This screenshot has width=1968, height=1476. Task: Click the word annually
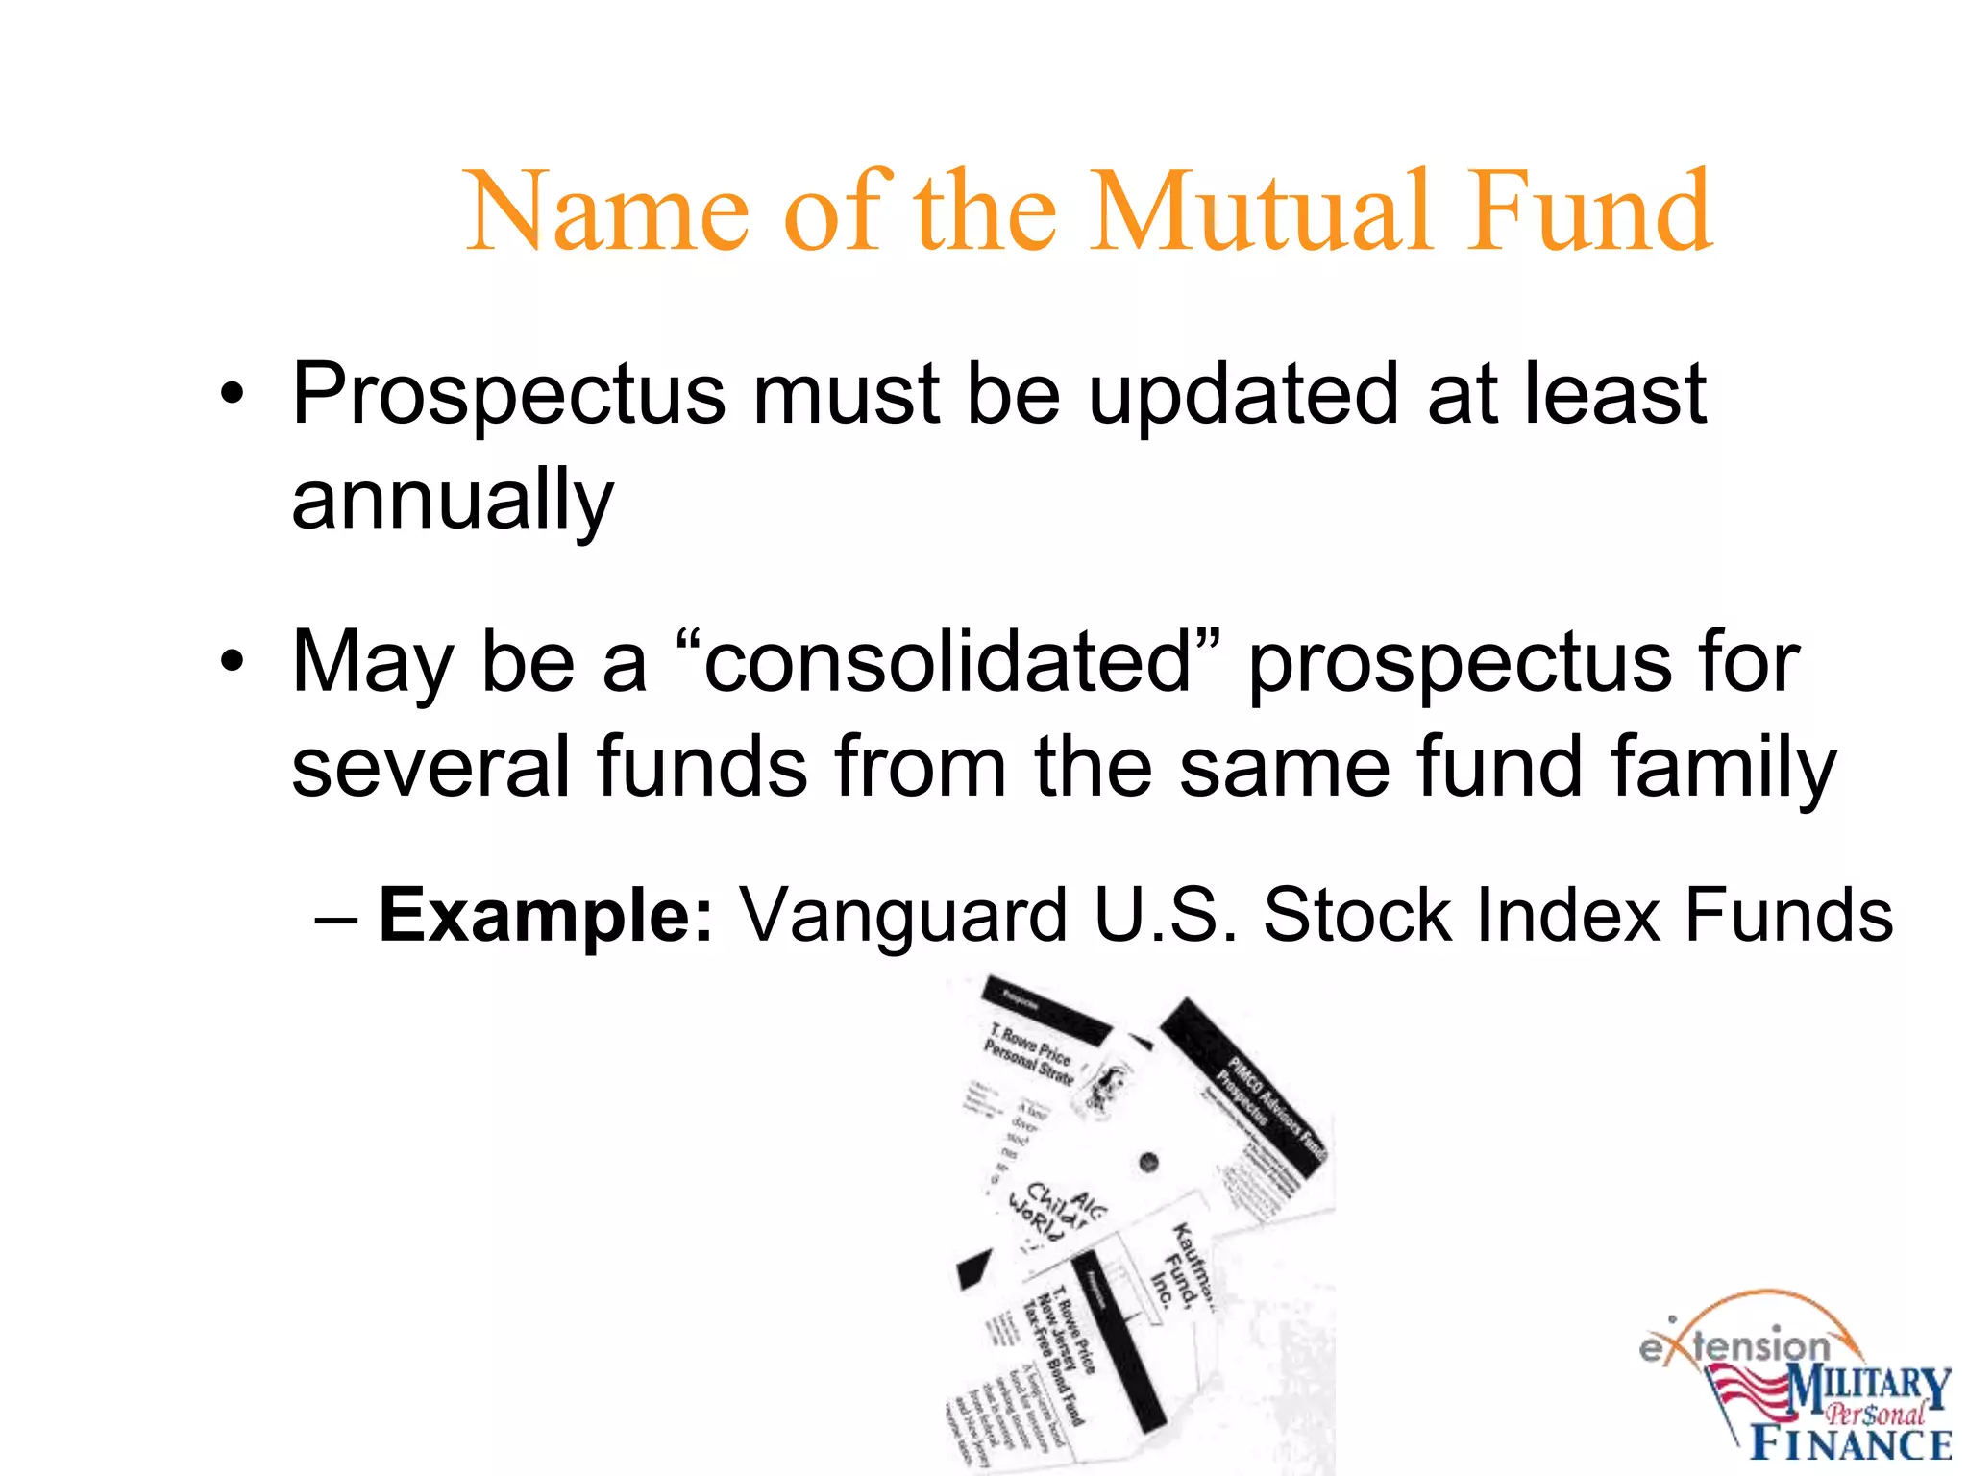coord(452,500)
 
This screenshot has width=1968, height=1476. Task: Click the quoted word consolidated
coord(947,663)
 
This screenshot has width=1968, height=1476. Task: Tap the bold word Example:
coord(546,915)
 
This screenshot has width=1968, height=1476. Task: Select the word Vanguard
coord(903,915)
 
